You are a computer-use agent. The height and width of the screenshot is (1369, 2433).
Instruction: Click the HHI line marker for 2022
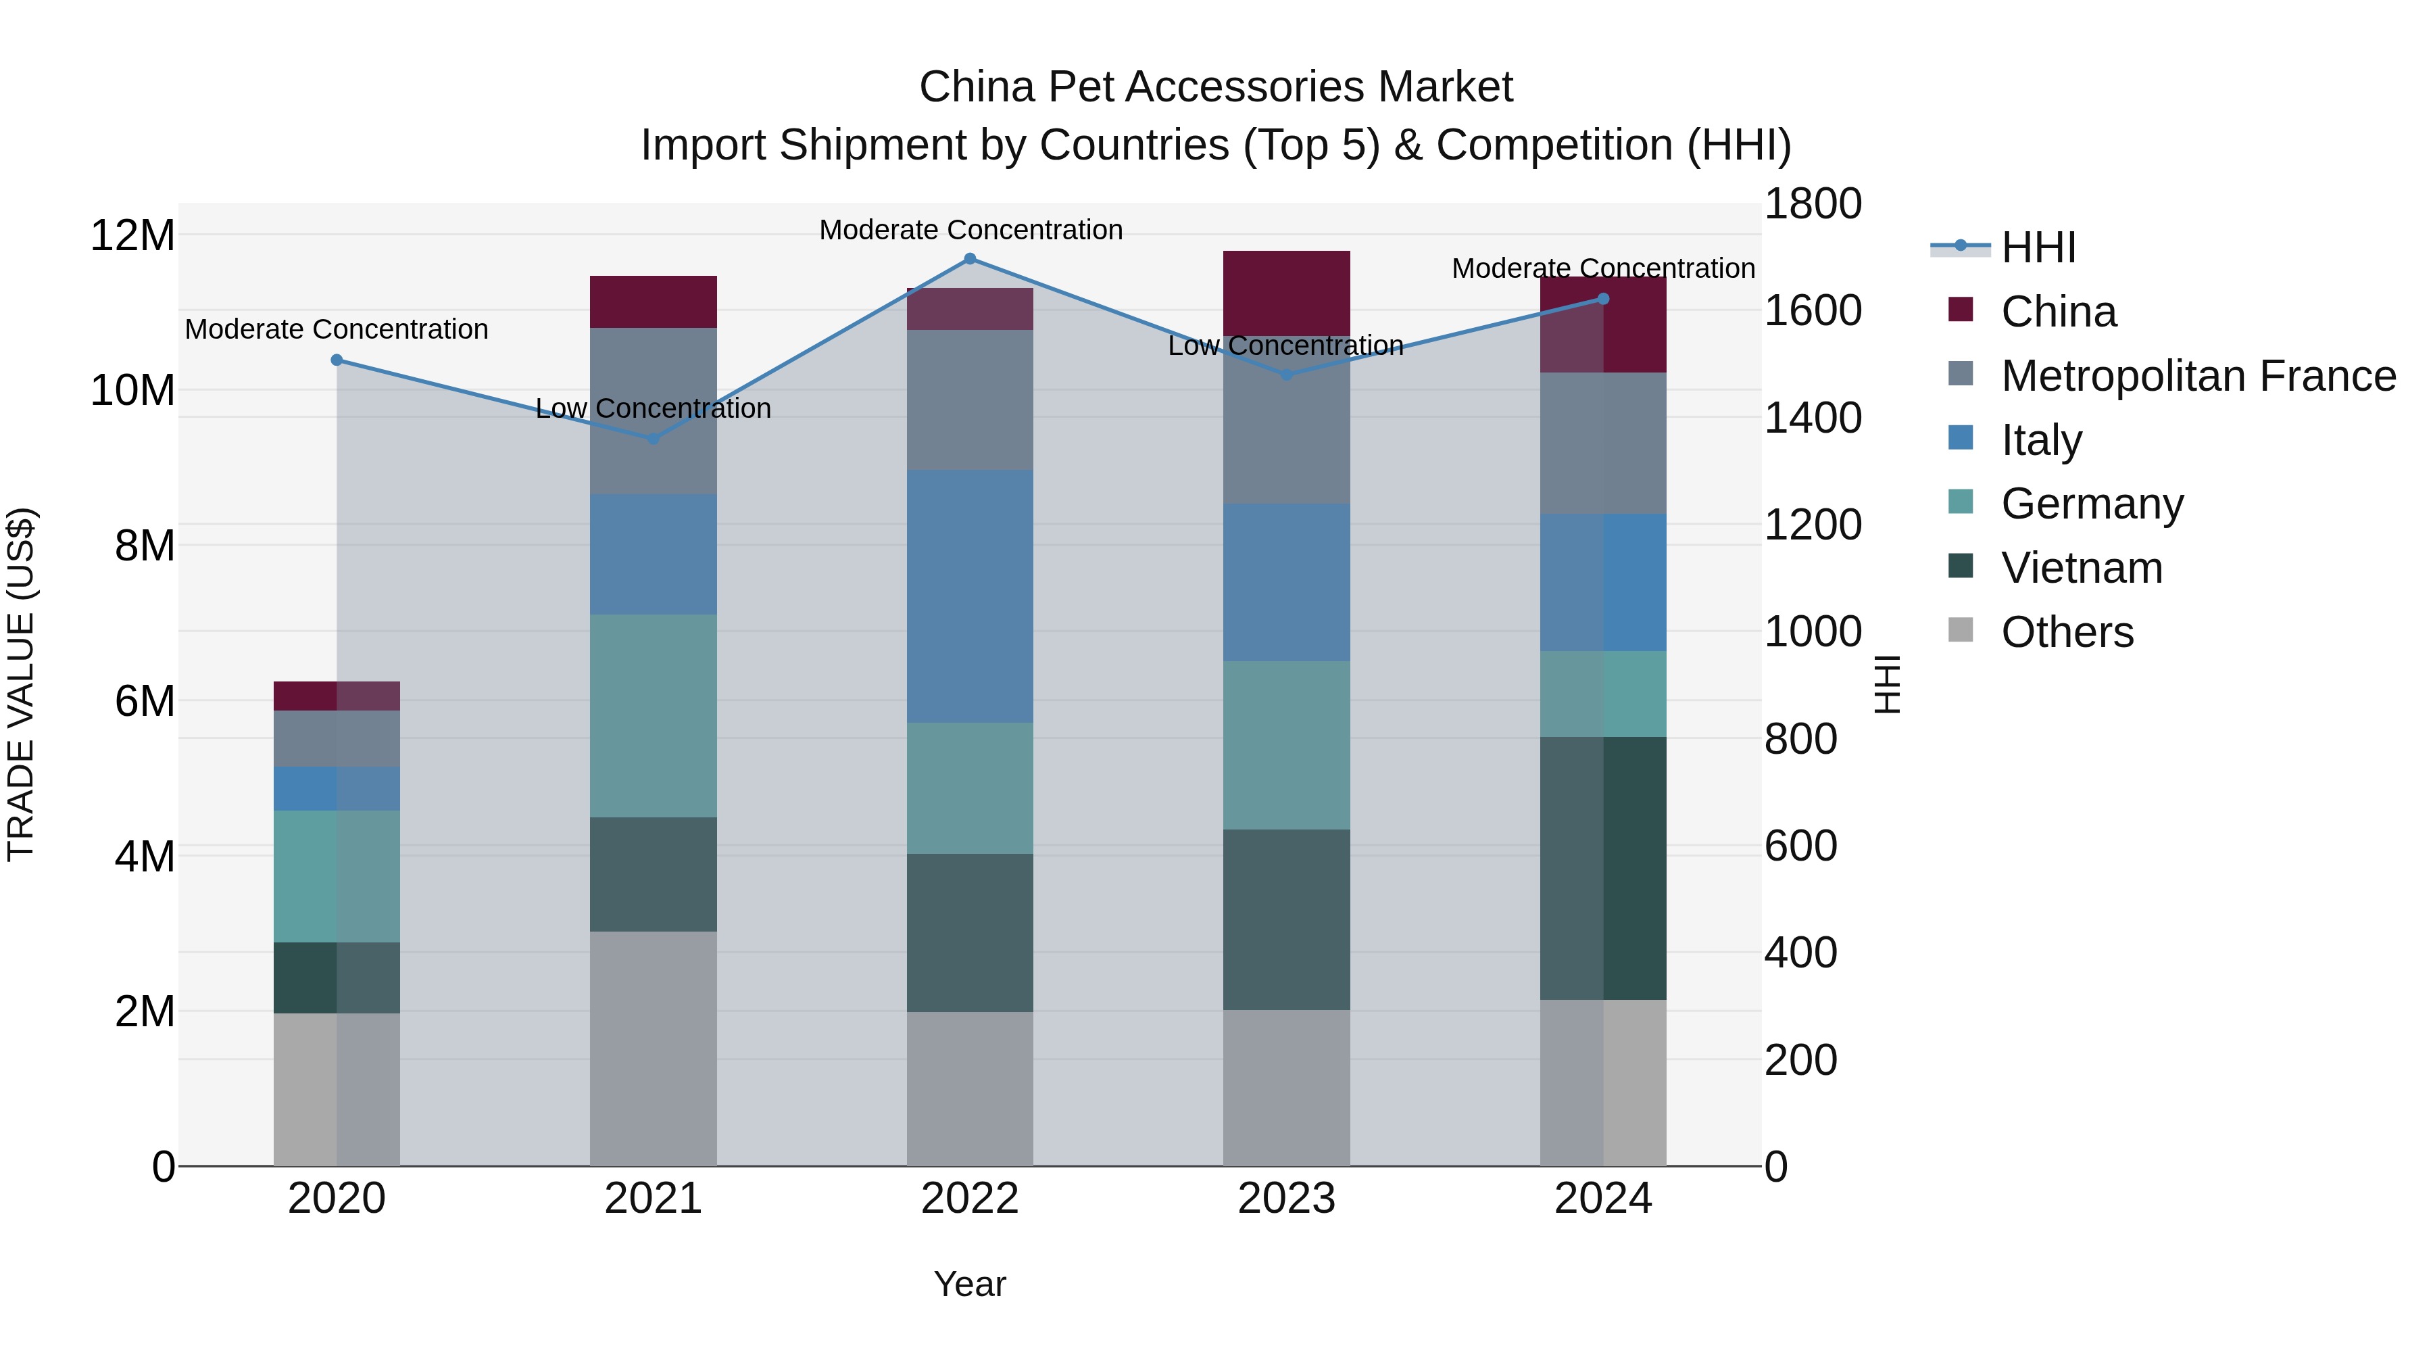(969, 258)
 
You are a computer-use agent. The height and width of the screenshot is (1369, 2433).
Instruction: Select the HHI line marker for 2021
(653, 438)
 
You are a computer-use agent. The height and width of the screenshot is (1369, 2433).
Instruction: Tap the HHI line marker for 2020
(337, 360)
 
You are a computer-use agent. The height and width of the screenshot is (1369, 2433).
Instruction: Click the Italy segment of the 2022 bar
(969, 596)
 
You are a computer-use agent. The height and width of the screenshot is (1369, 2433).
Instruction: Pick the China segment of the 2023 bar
(1285, 293)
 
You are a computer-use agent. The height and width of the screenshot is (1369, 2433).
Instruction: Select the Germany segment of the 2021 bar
(653, 715)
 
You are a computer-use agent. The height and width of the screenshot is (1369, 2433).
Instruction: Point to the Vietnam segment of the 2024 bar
(1603, 867)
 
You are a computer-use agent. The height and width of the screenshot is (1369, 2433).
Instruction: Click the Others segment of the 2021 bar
(653, 1048)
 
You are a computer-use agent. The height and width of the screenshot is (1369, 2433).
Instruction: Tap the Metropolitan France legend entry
(2197, 376)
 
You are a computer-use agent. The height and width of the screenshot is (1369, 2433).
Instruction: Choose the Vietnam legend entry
(2081, 568)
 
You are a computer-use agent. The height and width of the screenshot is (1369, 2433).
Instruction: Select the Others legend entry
(2067, 632)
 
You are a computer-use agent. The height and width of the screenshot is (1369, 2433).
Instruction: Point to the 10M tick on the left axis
(132, 390)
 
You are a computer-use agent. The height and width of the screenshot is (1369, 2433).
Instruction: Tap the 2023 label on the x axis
(1285, 1199)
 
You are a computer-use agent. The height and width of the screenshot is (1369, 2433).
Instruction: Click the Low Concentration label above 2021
(653, 408)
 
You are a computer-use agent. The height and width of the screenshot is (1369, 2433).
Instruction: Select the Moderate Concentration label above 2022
(970, 230)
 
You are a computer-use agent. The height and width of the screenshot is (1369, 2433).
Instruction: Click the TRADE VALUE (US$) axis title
(21, 684)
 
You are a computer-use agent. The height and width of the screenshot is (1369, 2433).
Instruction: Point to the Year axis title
(969, 1284)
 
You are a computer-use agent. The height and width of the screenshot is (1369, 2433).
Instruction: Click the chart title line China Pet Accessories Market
(1216, 87)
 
